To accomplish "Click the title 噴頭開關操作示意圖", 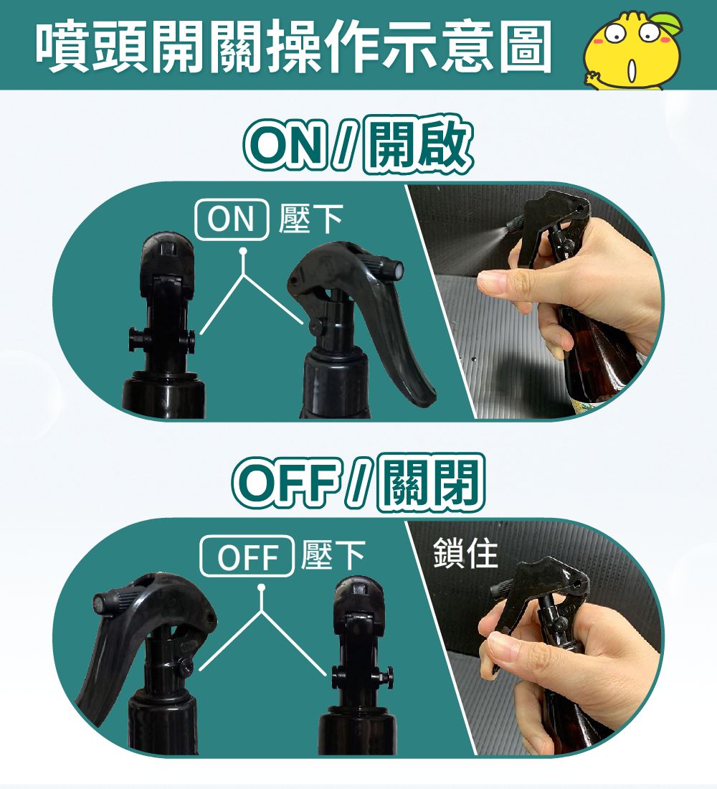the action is coord(294,47).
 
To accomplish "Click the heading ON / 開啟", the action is coord(358,145).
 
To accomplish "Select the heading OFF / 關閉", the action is coord(358,482).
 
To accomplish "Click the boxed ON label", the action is coord(231,219).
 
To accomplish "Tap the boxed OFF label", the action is coord(247,556).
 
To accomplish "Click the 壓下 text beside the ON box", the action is coord(310,219).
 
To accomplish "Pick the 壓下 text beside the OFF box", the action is coord(333,556).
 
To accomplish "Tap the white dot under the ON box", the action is coord(243,250).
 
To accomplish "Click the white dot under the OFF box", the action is coord(261,587).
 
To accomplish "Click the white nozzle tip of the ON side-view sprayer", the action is coord(397,269).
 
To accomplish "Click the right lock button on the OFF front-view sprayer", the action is coord(388,674).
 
